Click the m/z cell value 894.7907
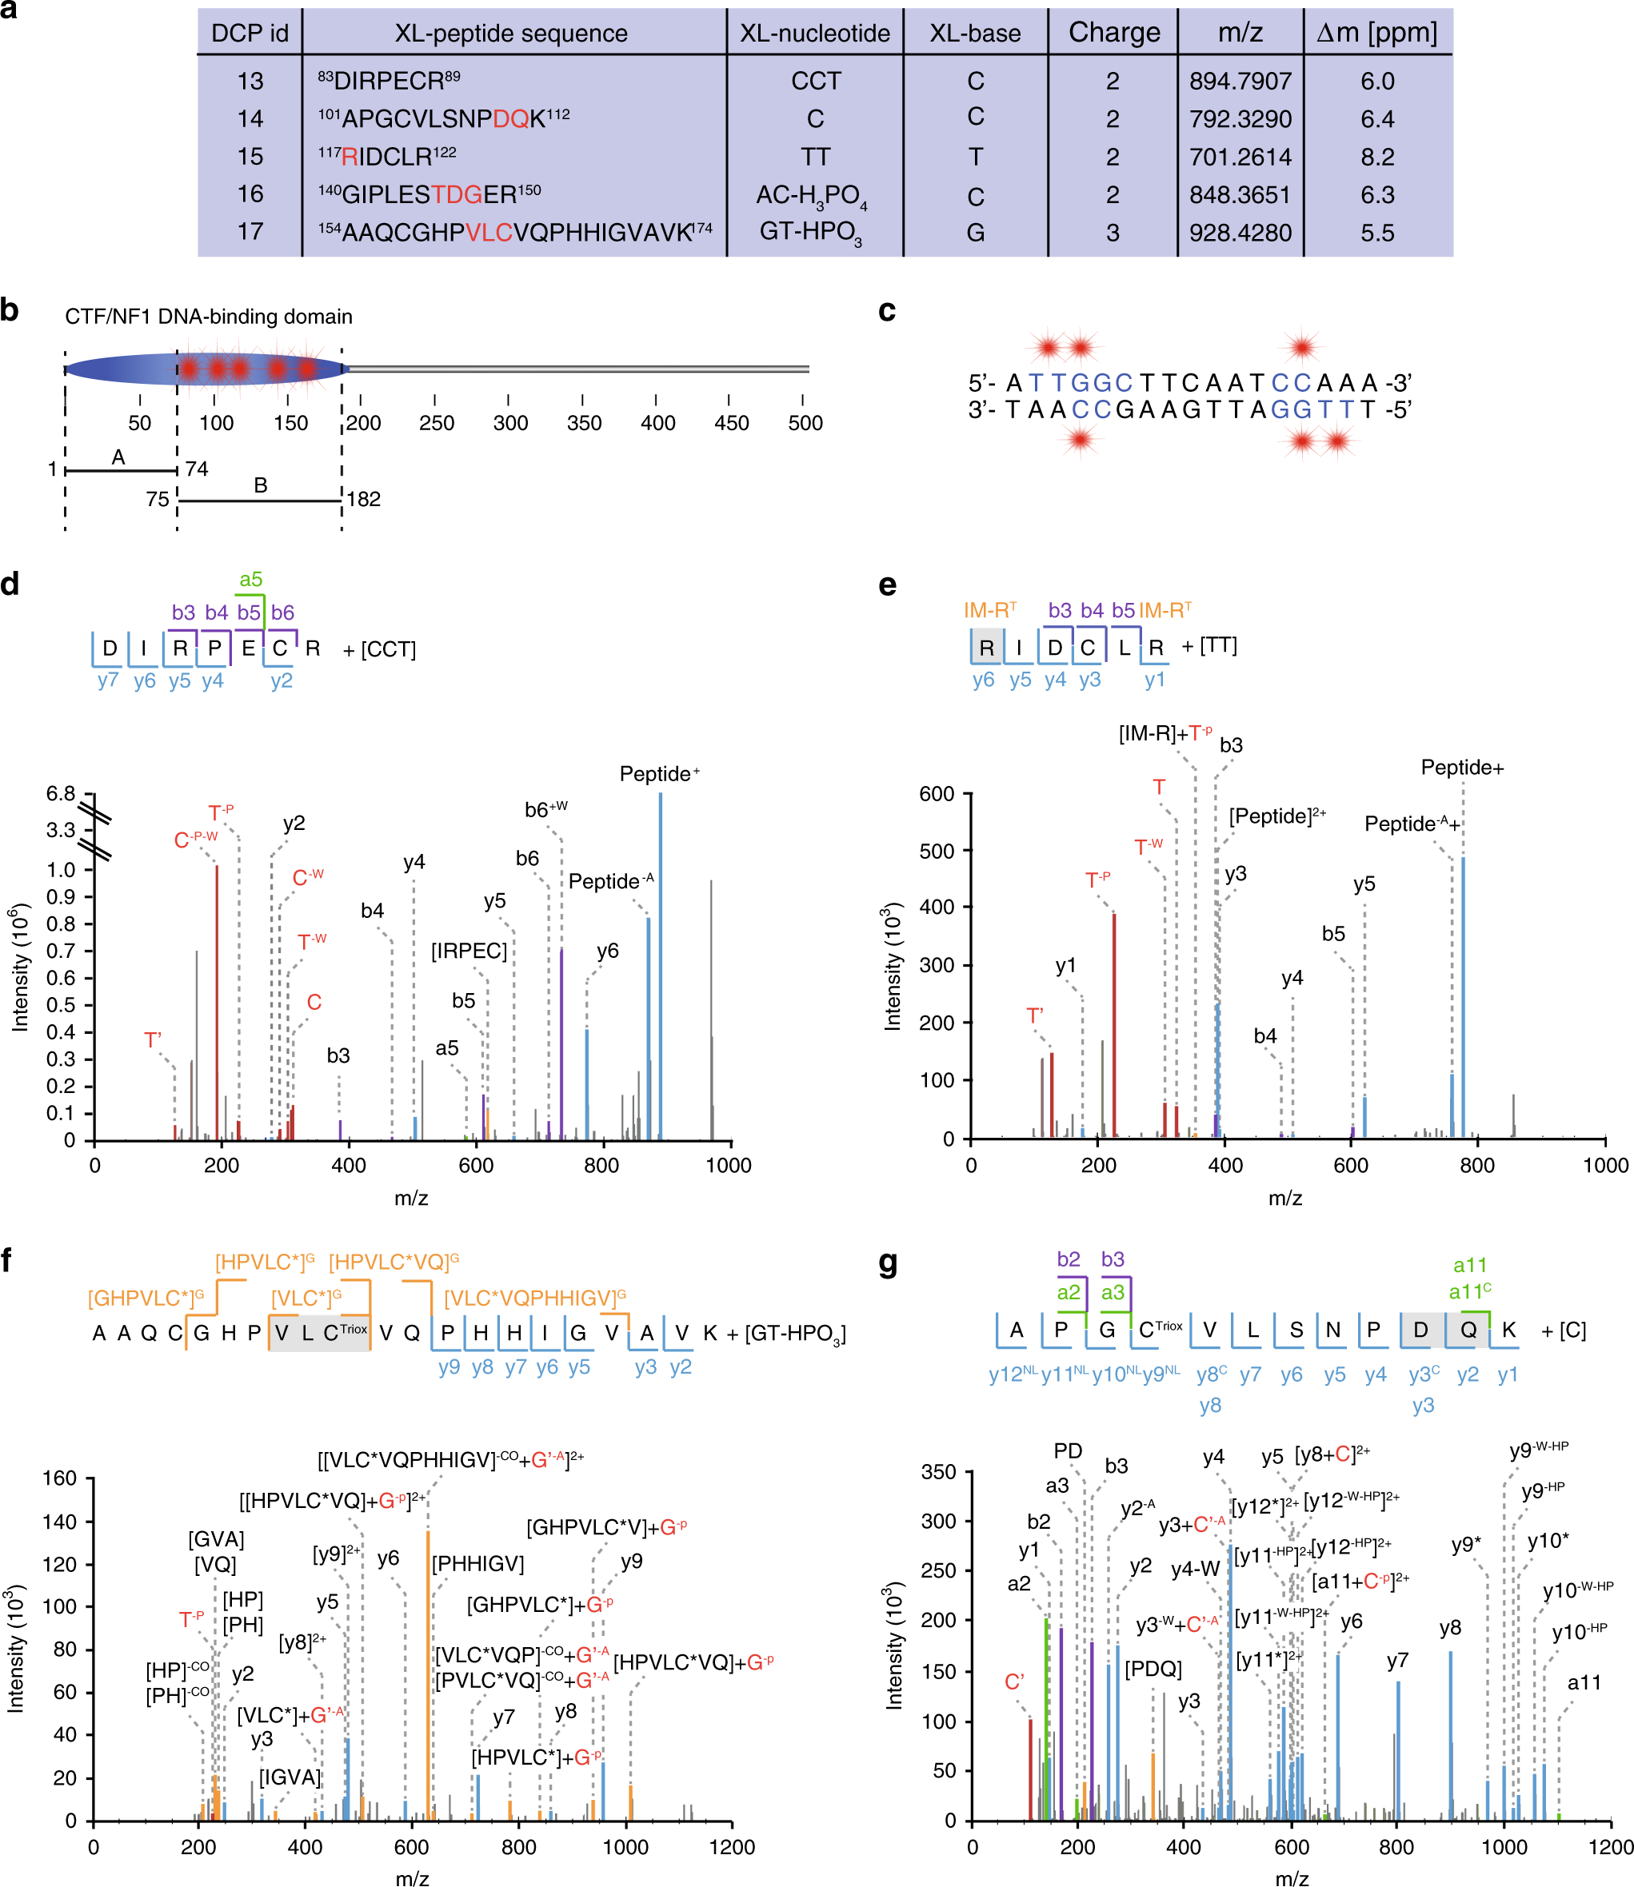[x=1240, y=81]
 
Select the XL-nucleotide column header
[x=814, y=34]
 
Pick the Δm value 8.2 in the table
[x=1377, y=157]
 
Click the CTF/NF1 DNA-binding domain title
[x=208, y=317]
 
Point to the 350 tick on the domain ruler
[x=584, y=423]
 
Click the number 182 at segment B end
[x=363, y=499]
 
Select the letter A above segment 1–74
[x=118, y=457]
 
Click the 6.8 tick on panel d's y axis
[x=61, y=794]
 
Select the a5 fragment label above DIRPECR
[x=251, y=579]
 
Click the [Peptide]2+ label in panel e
[x=1276, y=816]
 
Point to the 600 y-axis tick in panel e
[x=937, y=793]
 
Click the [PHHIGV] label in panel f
[x=477, y=1563]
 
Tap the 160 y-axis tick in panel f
[x=59, y=1478]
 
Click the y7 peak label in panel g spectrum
[x=1397, y=1661]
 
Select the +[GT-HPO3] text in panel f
[x=786, y=1334]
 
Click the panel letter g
[x=888, y=1263]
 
